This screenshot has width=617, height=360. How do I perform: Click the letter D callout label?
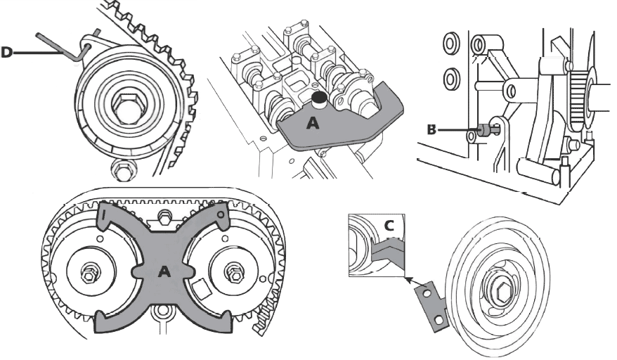pos(7,52)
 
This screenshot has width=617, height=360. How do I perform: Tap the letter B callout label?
pos(431,129)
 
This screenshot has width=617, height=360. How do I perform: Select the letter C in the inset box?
pos(389,226)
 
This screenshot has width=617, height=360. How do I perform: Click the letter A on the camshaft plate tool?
pos(313,124)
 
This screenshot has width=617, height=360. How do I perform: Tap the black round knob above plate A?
pos(319,96)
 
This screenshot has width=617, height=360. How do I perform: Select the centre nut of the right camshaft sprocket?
pos(235,273)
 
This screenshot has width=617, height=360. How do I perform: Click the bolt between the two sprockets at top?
pos(164,217)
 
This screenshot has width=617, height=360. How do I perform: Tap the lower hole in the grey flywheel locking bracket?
pos(438,319)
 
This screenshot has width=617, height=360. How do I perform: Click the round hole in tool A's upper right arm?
pos(221,214)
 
